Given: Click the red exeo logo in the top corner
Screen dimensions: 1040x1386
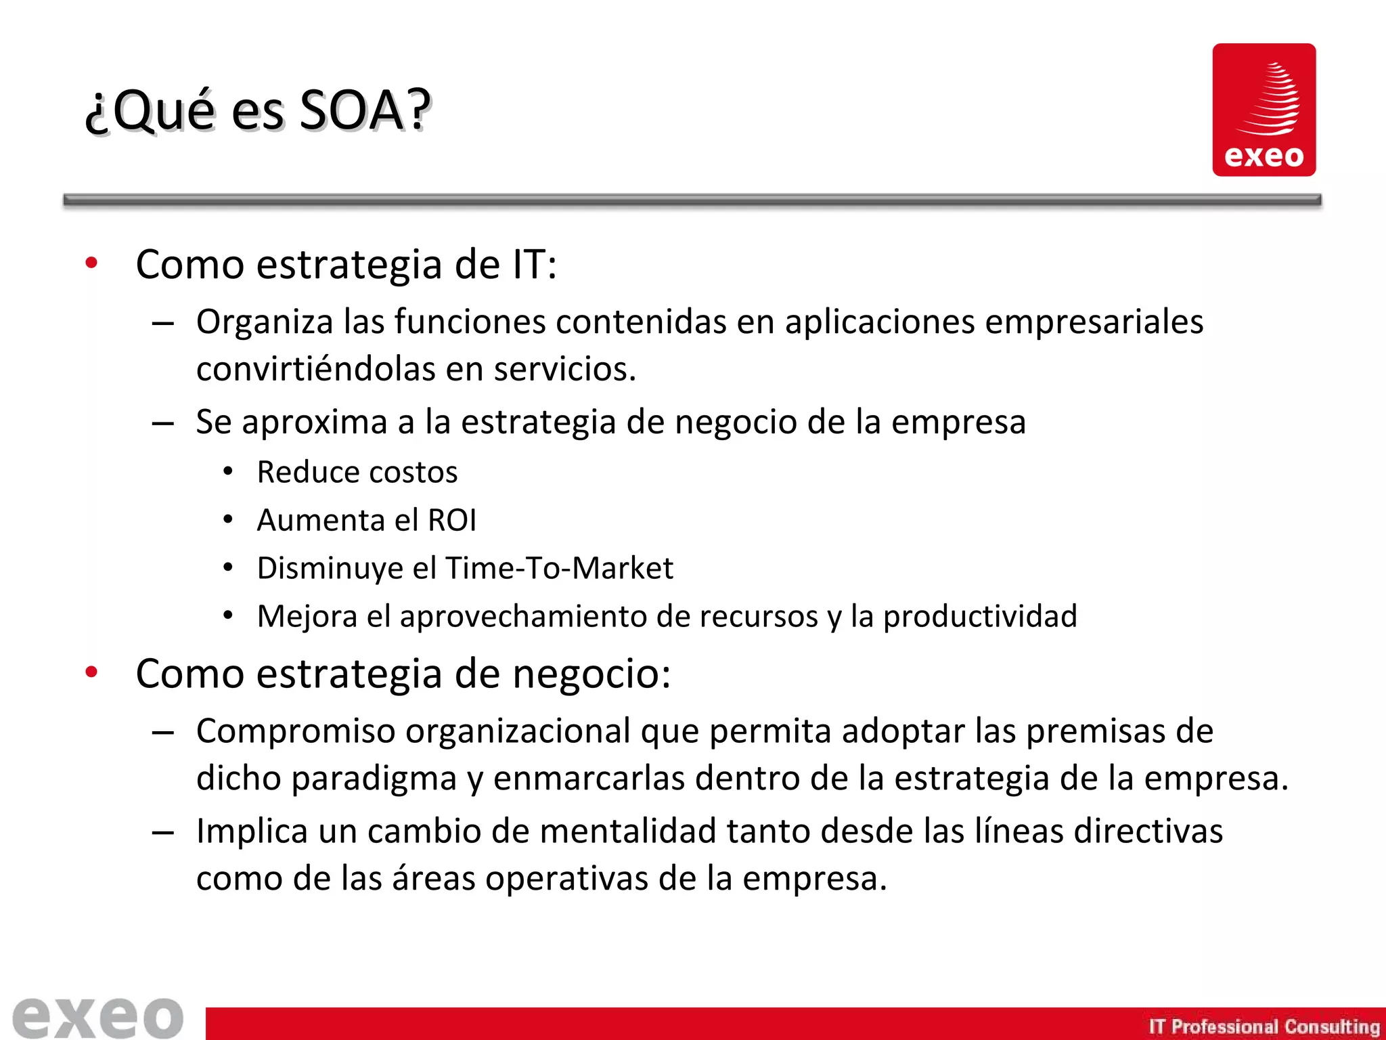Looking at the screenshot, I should coord(1264,110).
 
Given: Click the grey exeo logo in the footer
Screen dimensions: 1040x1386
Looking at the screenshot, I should coord(98,1017).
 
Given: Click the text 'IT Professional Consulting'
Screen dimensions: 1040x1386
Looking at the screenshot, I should coord(1264,1026).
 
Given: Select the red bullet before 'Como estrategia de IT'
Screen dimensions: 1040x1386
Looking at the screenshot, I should coord(91,263).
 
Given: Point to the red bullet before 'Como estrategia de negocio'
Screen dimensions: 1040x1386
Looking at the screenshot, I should coord(91,672).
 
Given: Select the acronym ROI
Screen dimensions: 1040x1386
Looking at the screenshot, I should coord(452,521).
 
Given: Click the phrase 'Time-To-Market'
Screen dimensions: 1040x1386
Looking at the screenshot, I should coord(559,568).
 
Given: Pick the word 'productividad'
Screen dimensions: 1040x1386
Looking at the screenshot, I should coord(980,617).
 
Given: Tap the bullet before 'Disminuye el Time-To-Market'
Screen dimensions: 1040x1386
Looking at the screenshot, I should coord(229,567).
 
